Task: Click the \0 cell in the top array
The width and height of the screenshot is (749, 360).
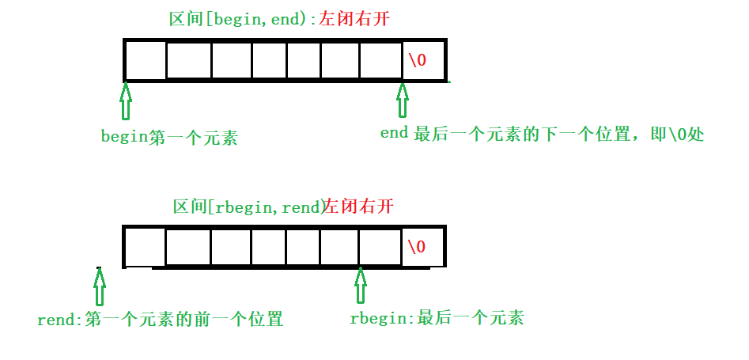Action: point(424,60)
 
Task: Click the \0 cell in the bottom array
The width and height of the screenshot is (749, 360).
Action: point(424,247)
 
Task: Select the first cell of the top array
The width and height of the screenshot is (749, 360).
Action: point(146,60)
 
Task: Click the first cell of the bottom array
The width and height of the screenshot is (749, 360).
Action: point(146,247)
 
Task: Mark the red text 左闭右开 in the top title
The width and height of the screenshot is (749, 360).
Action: point(355,19)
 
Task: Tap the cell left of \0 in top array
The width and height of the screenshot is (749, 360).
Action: point(380,60)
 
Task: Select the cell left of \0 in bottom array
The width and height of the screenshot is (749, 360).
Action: point(380,247)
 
